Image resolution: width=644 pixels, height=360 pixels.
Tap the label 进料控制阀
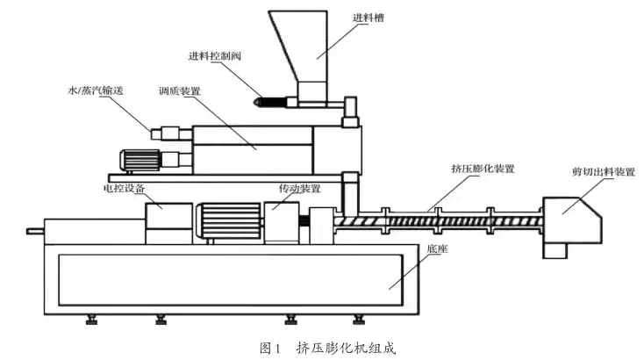[214, 55]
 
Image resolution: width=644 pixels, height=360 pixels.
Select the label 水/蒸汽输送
[97, 90]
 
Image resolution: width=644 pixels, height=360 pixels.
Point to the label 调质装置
[180, 90]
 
